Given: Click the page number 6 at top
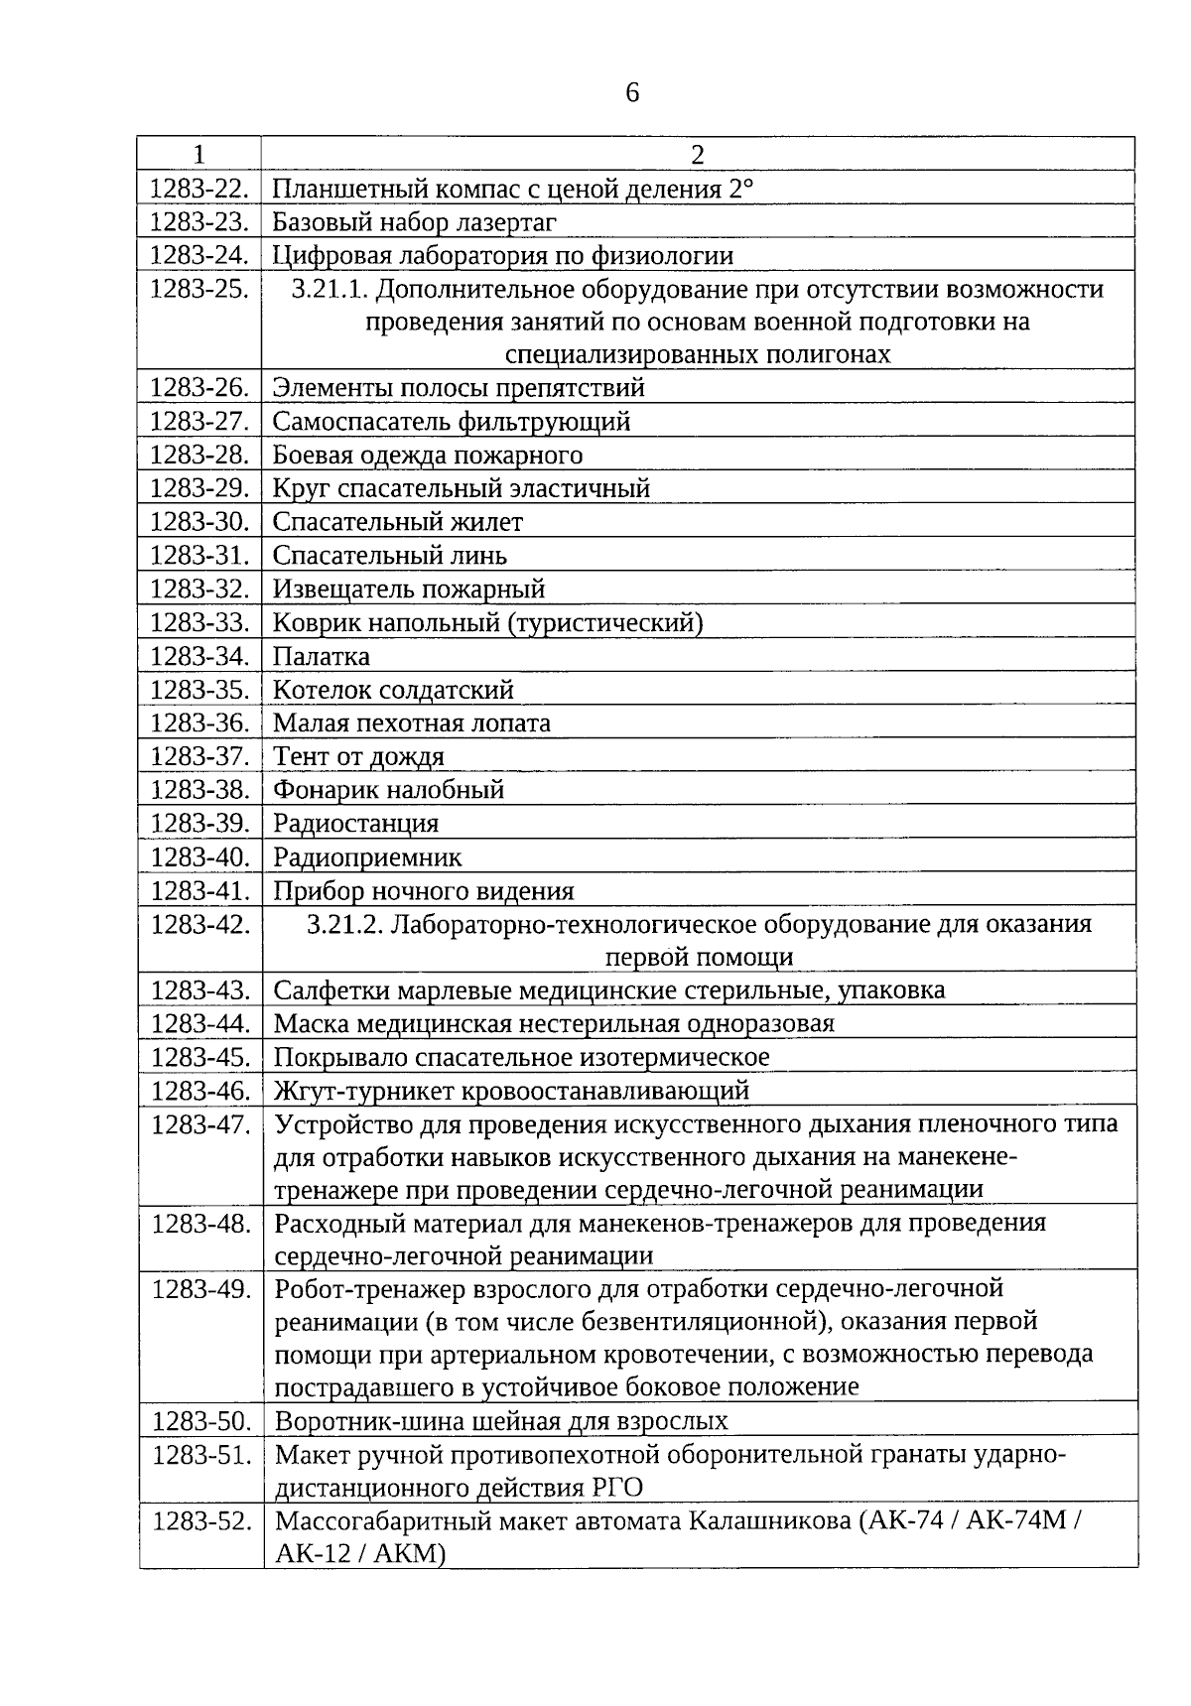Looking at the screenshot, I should pyautogui.click(x=632, y=93).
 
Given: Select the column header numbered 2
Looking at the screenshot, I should pyautogui.click(x=697, y=155).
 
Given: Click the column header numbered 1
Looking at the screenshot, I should pyautogui.click(x=199, y=155).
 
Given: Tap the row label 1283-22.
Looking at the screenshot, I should pyautogui.click(x=198, y=189).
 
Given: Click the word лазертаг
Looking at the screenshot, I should pyautogui.click(x=504, y=222).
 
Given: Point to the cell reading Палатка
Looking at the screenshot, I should pyautogui.click(x=322, y=657).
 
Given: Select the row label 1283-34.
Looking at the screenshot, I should pyautogui.click(x=198, y=657).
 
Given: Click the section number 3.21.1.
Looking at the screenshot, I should pyautogui.click(x=331, y=290).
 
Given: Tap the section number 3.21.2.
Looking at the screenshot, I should pyautogui.click(x=344, y=925).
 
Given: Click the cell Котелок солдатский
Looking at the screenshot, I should pyautogui.click(x=393, y=690).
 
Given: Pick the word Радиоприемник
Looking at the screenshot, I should pyautogui.click(x=367, y=857).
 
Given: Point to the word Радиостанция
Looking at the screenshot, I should pyautogui.click(x=355, y=824).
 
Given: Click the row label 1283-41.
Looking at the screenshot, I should pyautogui.click(x=198, y=891).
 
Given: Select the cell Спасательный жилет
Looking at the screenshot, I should pyautogui.click(x=397, y=522).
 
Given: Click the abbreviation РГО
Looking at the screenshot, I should pyautogui.click(x=614, y=1488).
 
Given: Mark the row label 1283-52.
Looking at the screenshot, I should pyautogui.click(x=200, y=1521).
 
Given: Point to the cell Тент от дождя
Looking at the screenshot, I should pyautogui.click(x=358, y=757).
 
